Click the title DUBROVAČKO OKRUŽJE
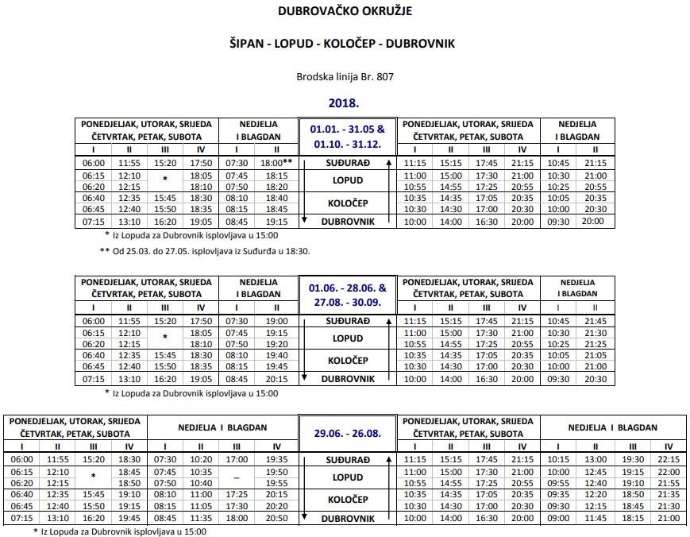point(345,11)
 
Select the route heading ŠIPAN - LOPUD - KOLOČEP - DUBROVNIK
point(345,44)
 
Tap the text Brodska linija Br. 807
point(345,76)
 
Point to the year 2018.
point(345,102)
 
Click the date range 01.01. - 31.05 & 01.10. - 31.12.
point(348,136)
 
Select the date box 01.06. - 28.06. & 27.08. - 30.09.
point(348,295)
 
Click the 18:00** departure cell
point(276,163)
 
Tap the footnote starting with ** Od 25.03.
point(204,251)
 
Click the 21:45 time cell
point(595,321)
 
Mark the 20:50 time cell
point(276,518)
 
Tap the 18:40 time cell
point(276,198)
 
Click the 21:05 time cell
point(595,356)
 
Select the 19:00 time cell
point(276,321)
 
